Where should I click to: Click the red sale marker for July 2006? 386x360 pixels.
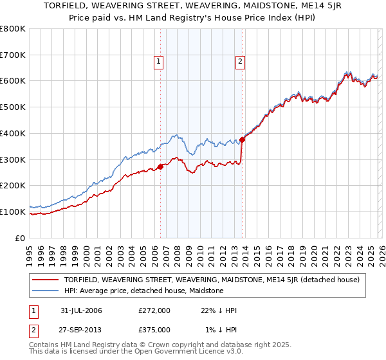(160, 167)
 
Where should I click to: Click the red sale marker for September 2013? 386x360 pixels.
(242, 139)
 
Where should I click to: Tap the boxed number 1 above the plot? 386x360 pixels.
(158, 62)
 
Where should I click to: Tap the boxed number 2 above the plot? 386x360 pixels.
(240, 62)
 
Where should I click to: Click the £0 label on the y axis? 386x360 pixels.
(19, 238)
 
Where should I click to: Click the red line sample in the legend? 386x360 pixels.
(46, 280)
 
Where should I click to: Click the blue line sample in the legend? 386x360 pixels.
(46, 291)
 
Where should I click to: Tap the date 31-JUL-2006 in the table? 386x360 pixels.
(81, 310)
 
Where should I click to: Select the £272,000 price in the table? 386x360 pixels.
(154, 310)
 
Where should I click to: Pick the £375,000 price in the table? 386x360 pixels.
(154, 329)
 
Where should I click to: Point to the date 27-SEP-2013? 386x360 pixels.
(81, 329)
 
